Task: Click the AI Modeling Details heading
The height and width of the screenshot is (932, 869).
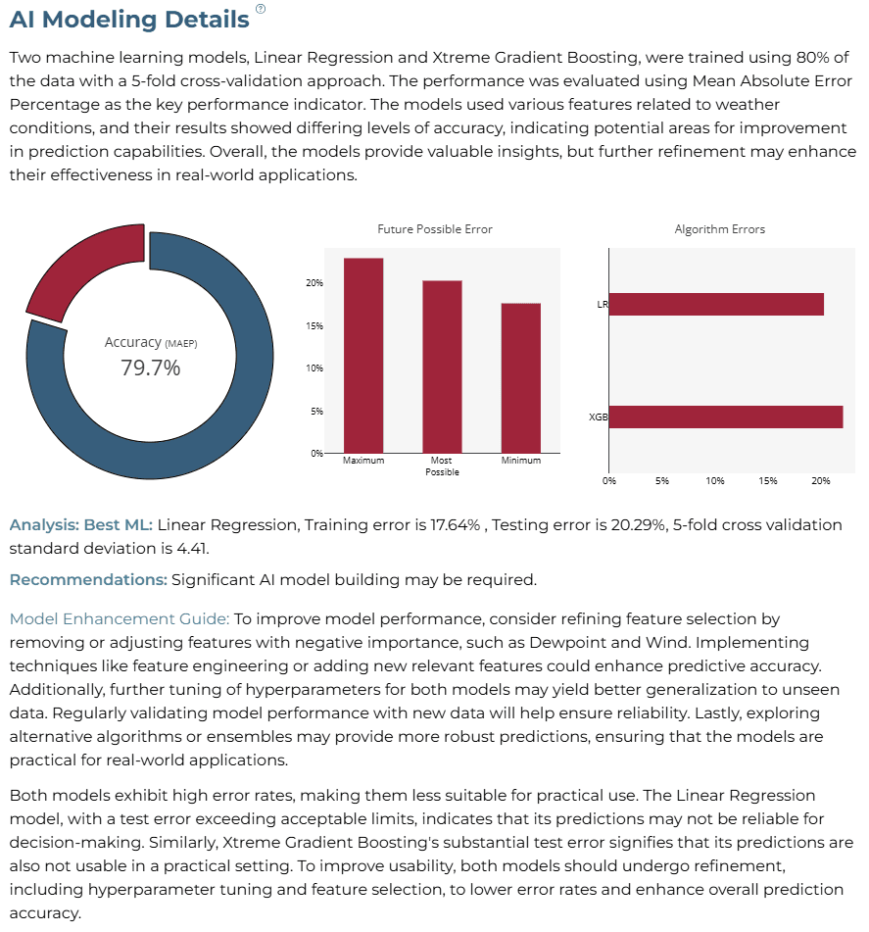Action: pos(129,19)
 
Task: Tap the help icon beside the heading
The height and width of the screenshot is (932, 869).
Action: pos(261,8)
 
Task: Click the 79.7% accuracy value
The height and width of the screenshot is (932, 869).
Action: pos(150,368)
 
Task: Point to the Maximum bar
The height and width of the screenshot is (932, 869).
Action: pos(363,356)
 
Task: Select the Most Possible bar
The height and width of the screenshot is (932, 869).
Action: pos(442,367)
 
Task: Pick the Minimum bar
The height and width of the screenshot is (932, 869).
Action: pos(520,378)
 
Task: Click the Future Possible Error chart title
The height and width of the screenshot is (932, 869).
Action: pos(435,229)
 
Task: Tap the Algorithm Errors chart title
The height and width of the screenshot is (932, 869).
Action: pos(719,229)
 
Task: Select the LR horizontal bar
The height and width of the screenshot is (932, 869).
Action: pos(716,305)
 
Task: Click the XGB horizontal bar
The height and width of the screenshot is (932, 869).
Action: pos(726,417)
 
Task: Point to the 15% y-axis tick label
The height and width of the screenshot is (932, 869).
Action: pos(314,325)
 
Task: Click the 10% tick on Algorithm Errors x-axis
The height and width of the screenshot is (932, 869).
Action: pos(715,480)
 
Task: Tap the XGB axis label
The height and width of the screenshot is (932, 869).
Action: pos(598,417)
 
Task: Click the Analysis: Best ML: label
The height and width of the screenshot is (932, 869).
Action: pos(81,525)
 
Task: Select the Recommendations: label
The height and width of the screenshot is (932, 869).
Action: pos(88,579)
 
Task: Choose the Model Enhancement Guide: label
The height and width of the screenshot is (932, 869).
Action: pos(119,618)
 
